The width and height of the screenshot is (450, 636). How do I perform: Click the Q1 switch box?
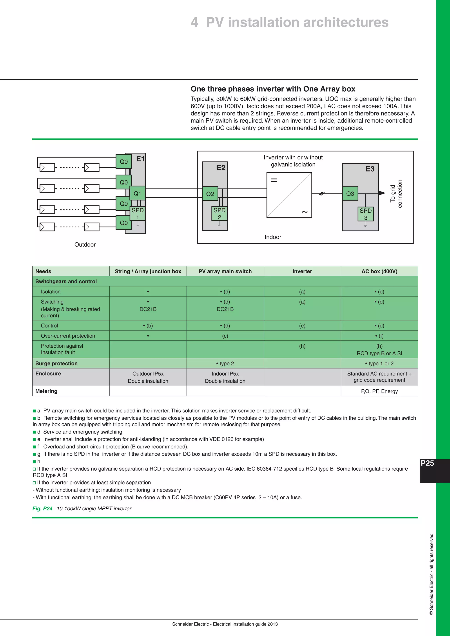click(x=137, y=193)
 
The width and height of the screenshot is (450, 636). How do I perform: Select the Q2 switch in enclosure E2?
click(x=210, y=194)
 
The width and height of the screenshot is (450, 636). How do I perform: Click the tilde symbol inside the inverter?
click(x=305, y=212)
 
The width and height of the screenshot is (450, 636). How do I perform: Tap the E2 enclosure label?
click(x=221, y=168)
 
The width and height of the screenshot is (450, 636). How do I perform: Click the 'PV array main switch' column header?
click(x=225, y=271)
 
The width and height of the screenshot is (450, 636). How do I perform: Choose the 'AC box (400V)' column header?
click(x=379, y=271)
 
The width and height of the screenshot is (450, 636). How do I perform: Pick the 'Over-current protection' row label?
click(x=68, y=336)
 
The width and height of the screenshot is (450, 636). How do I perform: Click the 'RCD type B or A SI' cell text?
click(x=379, y=353)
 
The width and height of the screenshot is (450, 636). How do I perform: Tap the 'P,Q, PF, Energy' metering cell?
click(x=379, y=391)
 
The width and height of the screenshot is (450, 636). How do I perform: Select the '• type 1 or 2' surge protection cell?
click(x=379, y=363)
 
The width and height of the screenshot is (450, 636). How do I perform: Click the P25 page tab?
click(x=427, y=463)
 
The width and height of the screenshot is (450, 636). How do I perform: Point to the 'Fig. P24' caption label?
click(x=42, y=509)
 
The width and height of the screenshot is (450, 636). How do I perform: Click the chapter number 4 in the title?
click(x=194, y=22)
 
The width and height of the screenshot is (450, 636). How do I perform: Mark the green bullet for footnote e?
click(x=34, y=439)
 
